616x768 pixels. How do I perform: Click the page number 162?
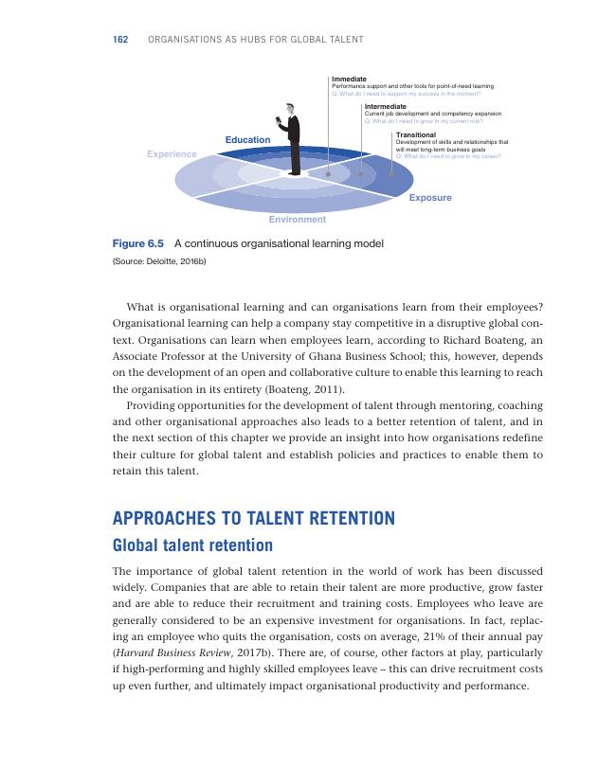(120, 39)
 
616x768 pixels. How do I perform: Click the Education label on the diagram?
(247, 140)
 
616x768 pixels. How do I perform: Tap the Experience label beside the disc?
(172, 153)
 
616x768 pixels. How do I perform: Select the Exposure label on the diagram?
(430, 198)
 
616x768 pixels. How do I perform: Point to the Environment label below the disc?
(297, 219)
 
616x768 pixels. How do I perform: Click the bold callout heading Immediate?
(349, 79)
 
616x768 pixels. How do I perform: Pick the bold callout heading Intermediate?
(385, 107)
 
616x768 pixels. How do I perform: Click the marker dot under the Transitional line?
(392, 172)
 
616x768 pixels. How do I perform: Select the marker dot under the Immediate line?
(328, 174)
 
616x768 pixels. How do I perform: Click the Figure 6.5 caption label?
(138, 243)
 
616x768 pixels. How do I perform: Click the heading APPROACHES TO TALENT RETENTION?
(253, 519)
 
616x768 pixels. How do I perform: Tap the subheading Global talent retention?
(192, 545)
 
